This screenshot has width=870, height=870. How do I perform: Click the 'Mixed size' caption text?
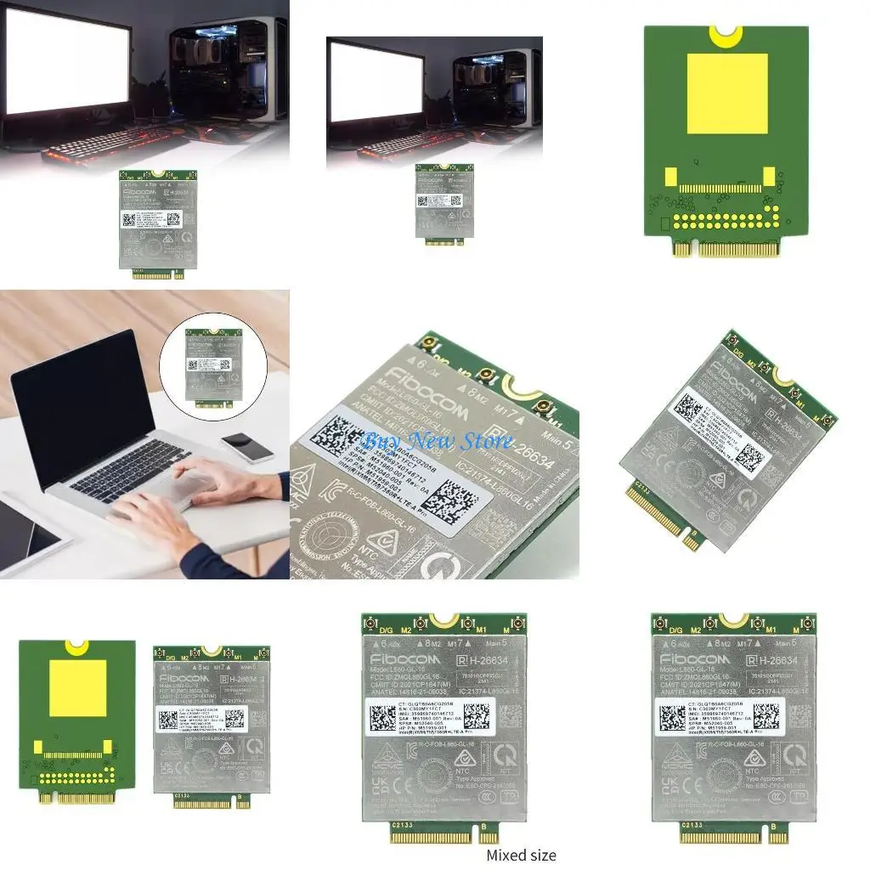tap(521, 855)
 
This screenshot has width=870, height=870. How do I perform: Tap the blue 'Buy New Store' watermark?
tap(438, 441)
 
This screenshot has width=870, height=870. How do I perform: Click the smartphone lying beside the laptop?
tap(247, 446)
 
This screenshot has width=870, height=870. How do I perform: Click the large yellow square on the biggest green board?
tap(726, 94)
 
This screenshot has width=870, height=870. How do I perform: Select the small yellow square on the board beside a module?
tap(78, 686)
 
